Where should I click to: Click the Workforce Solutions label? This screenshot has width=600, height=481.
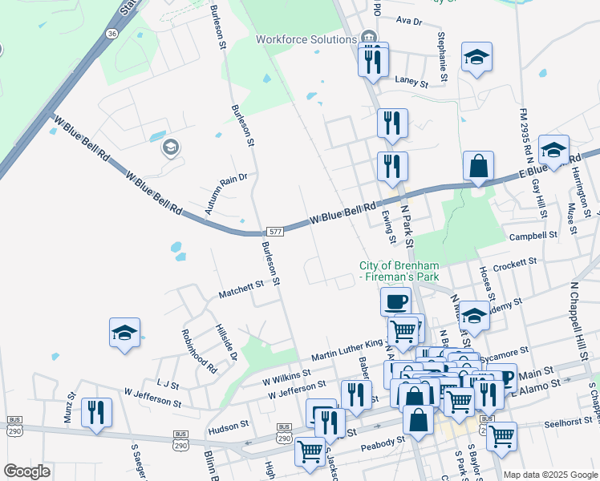tap(306, 39)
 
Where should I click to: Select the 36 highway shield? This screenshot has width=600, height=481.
tap(111, 34)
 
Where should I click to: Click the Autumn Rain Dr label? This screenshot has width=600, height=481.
tap(226, 193)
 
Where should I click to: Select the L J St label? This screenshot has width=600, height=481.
tap(167, 384)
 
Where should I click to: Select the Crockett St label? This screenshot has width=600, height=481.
tap(514, 264)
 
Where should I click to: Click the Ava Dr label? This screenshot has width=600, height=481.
tap(409, 20)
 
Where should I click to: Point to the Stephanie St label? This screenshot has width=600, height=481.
tap(442, 57)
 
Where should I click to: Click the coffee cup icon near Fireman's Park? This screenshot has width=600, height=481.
tap(395, 301)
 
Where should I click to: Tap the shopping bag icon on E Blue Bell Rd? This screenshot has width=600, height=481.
tap(478, 166)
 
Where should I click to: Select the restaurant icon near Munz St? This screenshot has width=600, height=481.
tap(96, 412)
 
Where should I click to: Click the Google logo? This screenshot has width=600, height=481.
tap(26, 471)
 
